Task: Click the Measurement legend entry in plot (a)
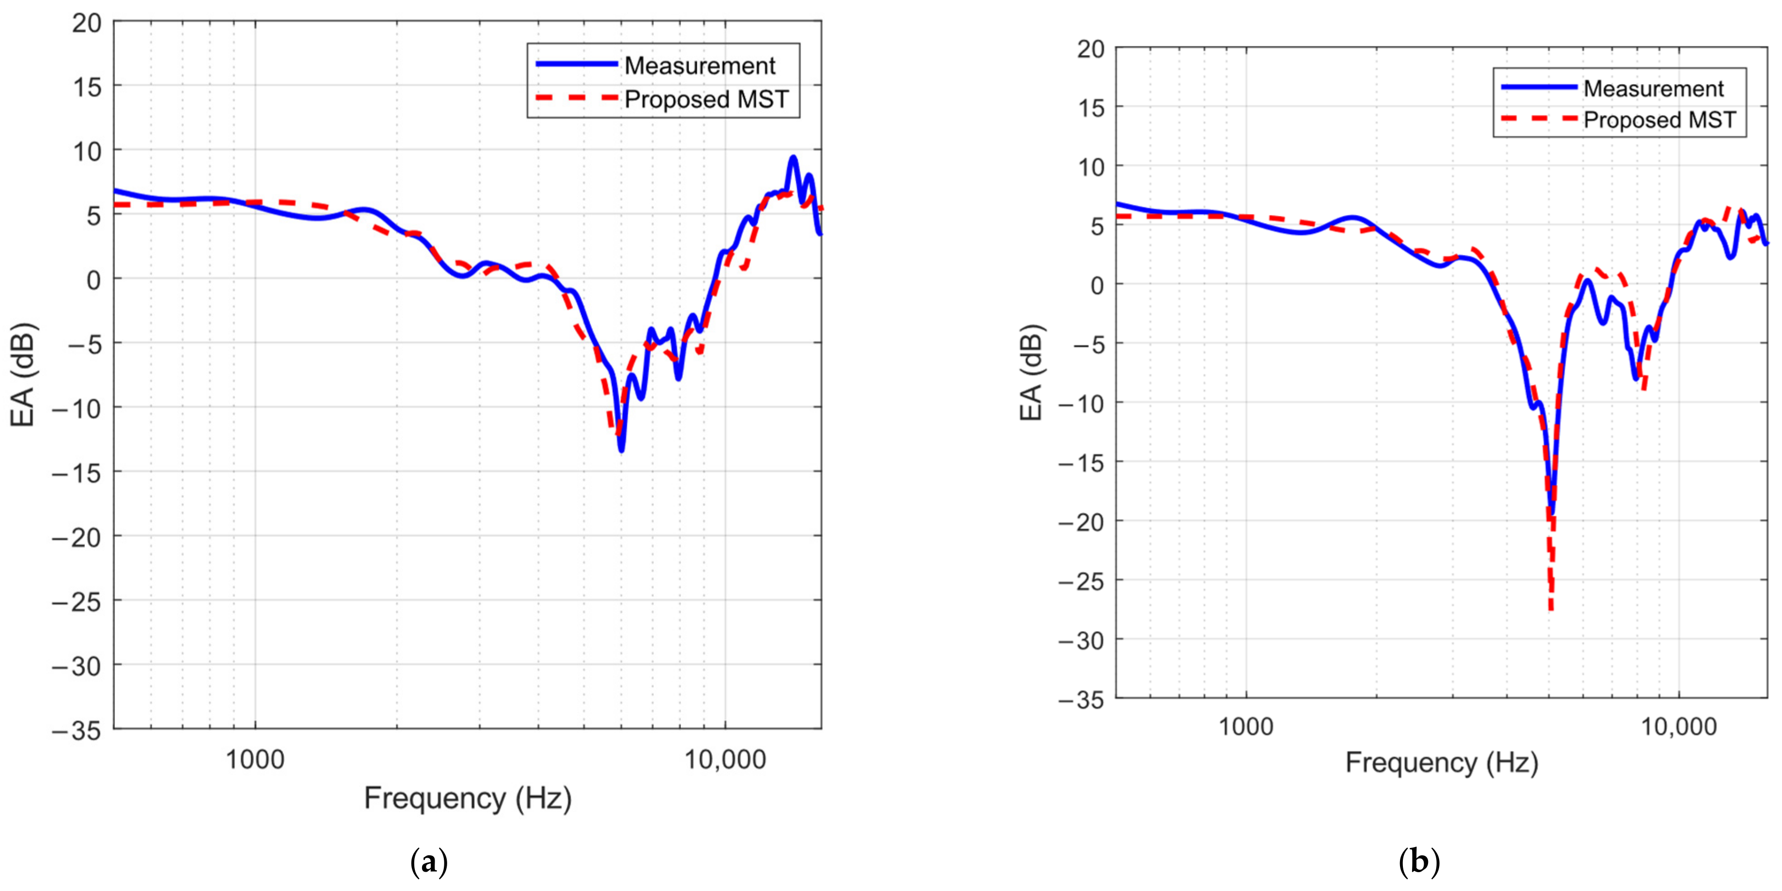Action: [699, 66]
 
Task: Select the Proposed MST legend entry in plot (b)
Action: [1659, 120]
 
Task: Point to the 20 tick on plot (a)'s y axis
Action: [86, 23]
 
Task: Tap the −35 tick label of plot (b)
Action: [1080, 699]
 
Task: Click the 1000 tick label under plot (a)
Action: [255, 760]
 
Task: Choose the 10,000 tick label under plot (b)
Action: [1679, 726]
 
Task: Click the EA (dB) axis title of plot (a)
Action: [22, 375]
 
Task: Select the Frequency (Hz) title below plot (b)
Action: [1442, 763]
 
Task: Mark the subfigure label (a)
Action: [429, 863]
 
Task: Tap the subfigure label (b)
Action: [1419, 863]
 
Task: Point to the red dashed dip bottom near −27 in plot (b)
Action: [1552, 609]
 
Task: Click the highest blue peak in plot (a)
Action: [793, 158]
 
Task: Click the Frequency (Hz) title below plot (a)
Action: [467, 798]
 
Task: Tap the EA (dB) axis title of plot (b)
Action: [1031, 372]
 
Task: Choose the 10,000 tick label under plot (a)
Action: [725, 760]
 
